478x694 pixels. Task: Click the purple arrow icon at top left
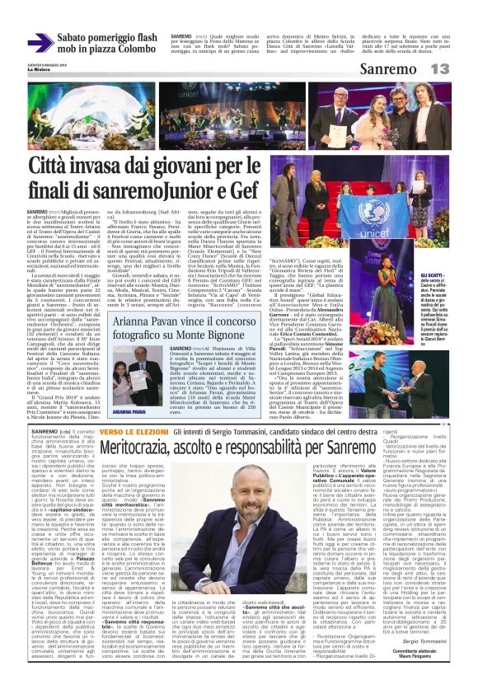pyautogui.click(x=40, y=42)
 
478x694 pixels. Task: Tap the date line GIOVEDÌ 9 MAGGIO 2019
pyautogui.click(x=44, y=64)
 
